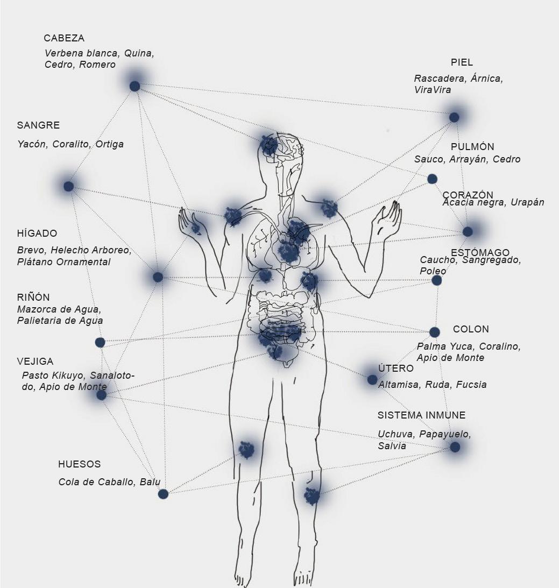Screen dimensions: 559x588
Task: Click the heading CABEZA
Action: click(x=64, y=38)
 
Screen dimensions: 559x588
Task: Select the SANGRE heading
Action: click(x=38, y=125)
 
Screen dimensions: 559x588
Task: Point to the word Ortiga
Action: click(x=110, y=144)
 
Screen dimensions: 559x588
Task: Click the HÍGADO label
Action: click(x=37, y=233)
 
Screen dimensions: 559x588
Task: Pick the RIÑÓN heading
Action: click(x=33, y=297)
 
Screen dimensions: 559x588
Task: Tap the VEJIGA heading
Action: click(x=35, y=362)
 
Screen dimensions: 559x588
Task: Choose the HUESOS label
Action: click(x=79, y=464)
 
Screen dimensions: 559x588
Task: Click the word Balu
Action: click(x=150, y=482)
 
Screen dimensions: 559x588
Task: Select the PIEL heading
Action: click(x=462, y=62)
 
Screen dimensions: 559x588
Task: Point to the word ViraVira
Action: click(x=433, y=90)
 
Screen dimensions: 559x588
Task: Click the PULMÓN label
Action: click(x=472, y=147)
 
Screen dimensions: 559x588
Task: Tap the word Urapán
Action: click(x=528, y=203)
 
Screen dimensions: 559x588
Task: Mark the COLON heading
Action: click(x=471, y=329)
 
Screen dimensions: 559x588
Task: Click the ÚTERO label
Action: click(x=395, y=369)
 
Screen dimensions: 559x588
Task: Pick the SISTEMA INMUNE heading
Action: click(x=421, y=415)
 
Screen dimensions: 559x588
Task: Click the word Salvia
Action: click(x=392, y=446)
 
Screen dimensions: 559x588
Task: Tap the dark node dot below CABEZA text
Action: click(x=135, y=86)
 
